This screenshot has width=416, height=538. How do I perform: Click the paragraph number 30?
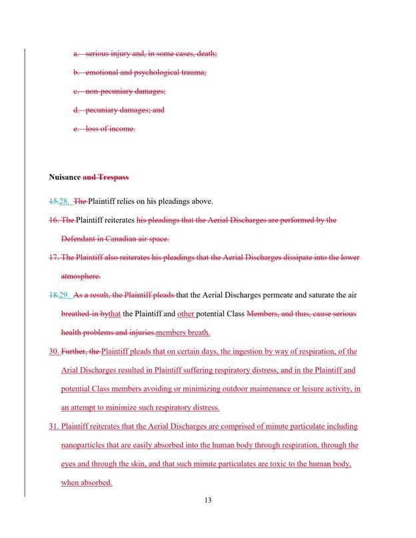[54, 352]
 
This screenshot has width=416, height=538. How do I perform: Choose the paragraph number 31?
[54, 426]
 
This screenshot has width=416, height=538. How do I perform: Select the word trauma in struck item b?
[195, 72]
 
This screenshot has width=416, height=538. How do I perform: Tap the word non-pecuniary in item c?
[107, 91]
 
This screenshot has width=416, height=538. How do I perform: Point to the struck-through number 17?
[54, 257]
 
